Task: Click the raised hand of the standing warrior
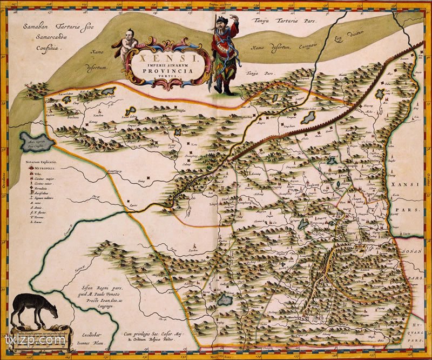pyautogui.click(x=233, y=18)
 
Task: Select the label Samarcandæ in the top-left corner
pyautogui.click(x=37, y=37)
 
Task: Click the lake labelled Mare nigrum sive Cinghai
pyautogui.click(x=36, y=143)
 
